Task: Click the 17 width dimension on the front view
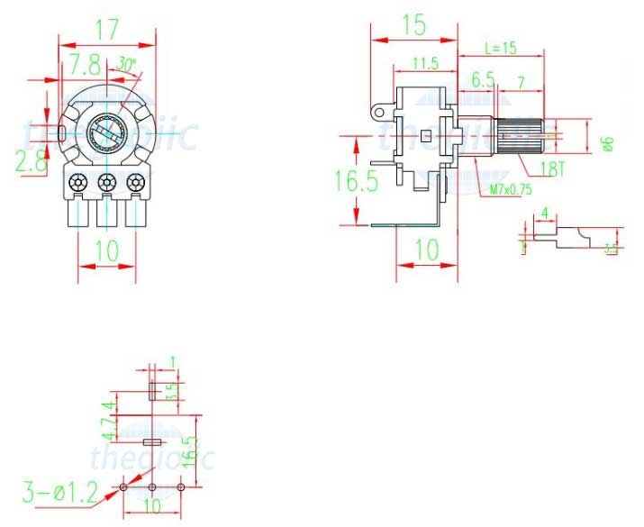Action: pyautogui.click(x=108, y=29)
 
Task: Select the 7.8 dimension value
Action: pyautogui.click(x=86, y=65)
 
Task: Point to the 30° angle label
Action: pyautogui.click(x=127, y=64)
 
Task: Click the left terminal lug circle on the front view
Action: pyautogui.click(x=79, y=182)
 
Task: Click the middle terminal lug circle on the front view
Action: pyautogui.click(x=108, y=182)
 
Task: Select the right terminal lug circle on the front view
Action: pyautogui.click(x=136, y=182)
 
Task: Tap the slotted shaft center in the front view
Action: pyautogui.click(x=107, y=137)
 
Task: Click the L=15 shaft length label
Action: pyautogui.click(x=501, y=48)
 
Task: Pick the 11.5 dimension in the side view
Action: pyautogui.click(x=425, y=63)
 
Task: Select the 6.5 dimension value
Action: pyautogui.click(x=484, y=79)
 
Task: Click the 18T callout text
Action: pyautogui.click(x=552, y=168)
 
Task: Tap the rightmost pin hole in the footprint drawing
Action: pyautogui.click(x=181, y=487)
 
